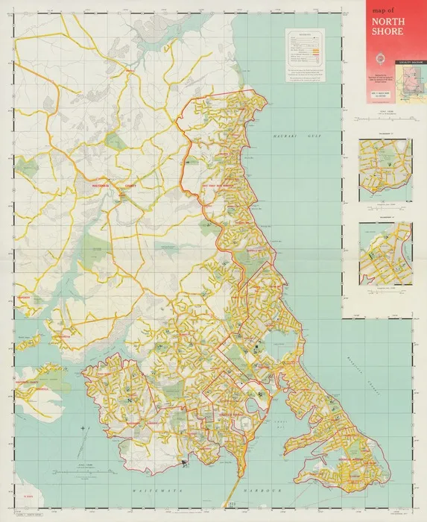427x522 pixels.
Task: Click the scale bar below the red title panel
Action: pyautogui.click(x=384, y=115)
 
